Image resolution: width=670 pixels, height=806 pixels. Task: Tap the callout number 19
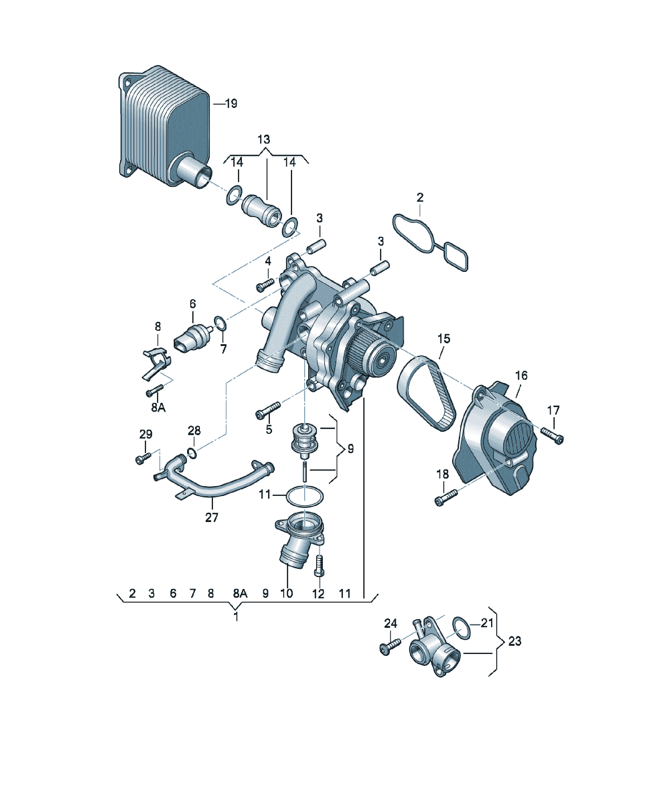(x=231, y=104)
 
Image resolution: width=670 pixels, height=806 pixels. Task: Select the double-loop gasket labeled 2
(x=430, y=243)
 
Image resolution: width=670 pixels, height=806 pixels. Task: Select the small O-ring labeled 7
(x=220, y=323)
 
